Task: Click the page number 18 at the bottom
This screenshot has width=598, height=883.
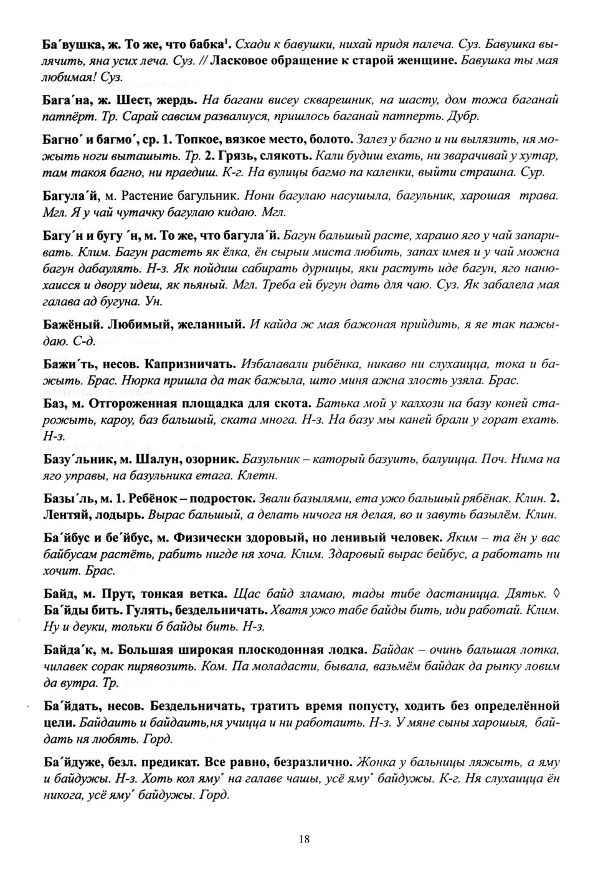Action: (304, 839)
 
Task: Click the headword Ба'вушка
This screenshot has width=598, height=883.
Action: (70, 44)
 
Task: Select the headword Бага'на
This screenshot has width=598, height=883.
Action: (67, 99)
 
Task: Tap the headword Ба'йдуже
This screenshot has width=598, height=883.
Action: (72, 763)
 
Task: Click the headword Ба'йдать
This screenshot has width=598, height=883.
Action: (70, 707)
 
